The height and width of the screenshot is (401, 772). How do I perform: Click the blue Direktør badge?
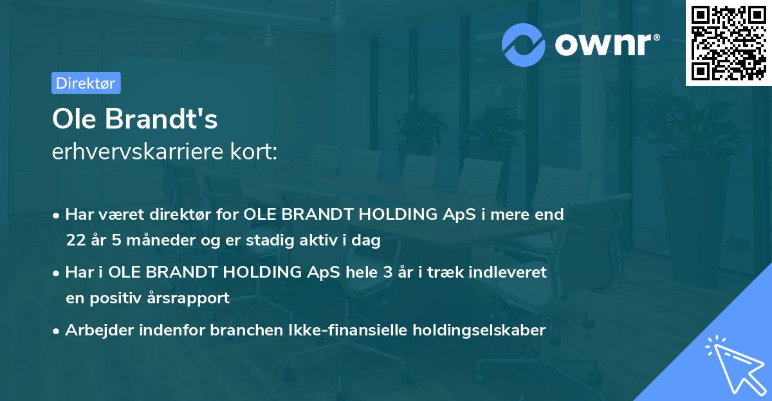click(86, 83)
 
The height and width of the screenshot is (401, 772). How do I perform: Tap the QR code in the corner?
click(728, 43)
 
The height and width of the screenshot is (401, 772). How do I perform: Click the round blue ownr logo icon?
click(524, 44)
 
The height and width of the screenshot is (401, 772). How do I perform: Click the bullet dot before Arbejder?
click(57, 331)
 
